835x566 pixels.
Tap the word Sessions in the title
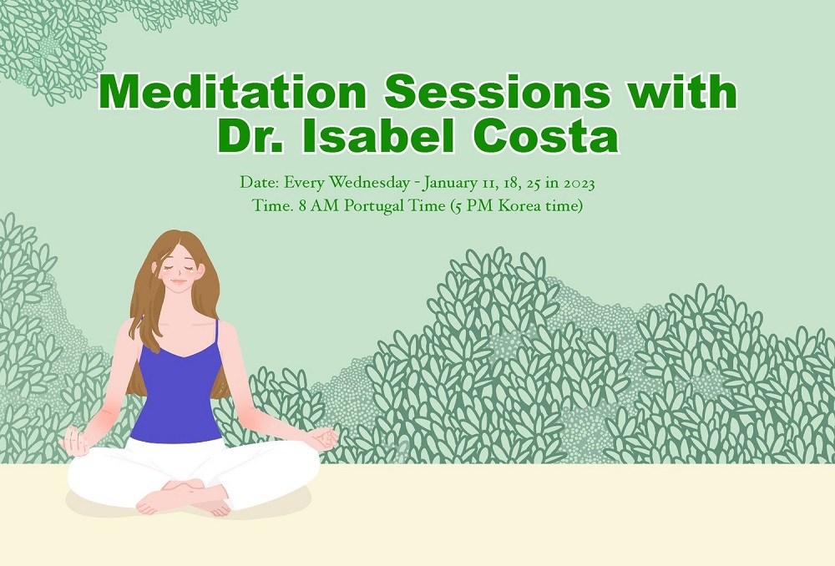click(496, 92)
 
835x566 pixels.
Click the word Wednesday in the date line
click(369, 183)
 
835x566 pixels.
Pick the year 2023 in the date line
click(579, 183)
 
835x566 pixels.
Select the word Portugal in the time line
click(373, 206)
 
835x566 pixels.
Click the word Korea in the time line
click(516, 205)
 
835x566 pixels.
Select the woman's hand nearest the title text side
click(324, 440)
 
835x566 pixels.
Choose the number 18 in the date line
click(509, 184)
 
